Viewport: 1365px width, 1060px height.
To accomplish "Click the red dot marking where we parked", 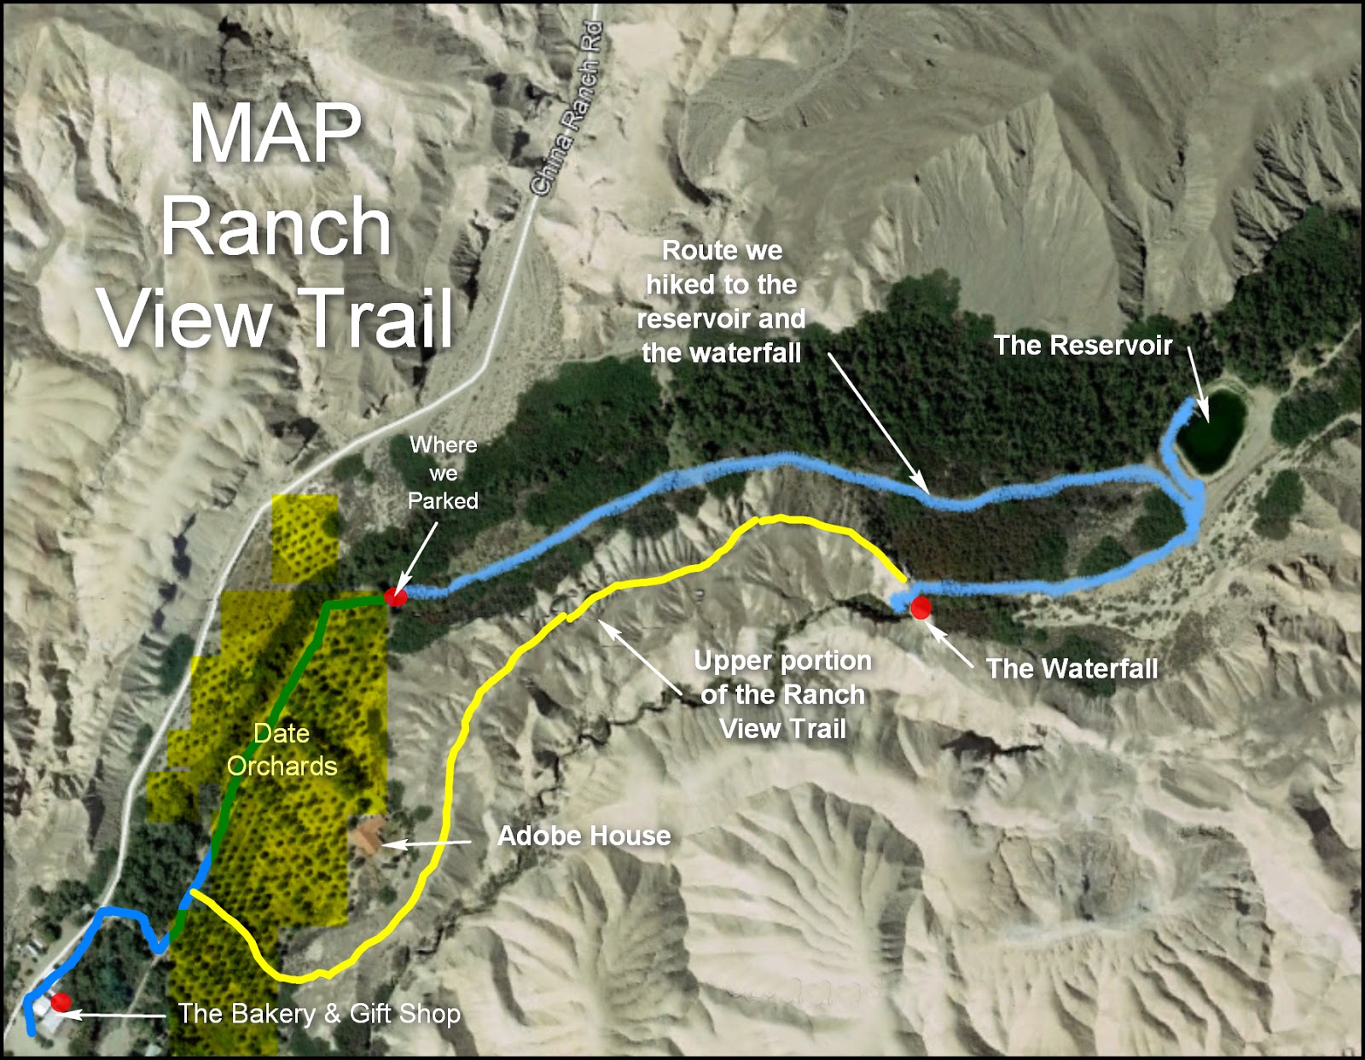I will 394,597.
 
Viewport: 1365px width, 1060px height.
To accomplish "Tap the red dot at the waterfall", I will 920,608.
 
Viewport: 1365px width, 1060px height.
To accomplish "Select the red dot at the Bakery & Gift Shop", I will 60,1002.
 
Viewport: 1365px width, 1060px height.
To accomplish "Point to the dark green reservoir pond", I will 1212,432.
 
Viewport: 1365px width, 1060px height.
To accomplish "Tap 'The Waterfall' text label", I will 1072,668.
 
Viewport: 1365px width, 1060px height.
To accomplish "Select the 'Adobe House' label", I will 584,836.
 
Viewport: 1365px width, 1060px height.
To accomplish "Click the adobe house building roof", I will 367,834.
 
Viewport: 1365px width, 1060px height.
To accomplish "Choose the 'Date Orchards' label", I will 282,749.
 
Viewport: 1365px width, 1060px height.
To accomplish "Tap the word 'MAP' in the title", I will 275,133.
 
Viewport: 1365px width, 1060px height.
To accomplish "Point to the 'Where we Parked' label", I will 443,472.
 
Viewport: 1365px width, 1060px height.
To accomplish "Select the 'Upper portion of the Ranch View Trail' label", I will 782,694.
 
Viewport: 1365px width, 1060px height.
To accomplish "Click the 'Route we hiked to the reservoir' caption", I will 721,301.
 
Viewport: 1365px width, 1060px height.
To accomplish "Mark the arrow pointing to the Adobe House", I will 427,843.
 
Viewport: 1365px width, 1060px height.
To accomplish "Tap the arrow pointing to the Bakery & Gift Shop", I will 115,1015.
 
